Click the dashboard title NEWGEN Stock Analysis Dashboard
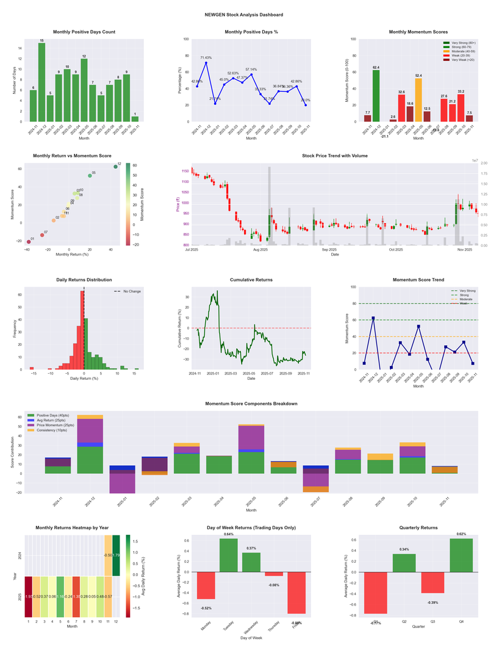click(244, 14)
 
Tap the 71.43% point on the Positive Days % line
click(206, 63)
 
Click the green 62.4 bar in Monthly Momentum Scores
click(376, 96)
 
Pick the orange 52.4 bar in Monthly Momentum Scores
click(418, 100)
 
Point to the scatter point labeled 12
click(115, 167)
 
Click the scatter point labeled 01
click(28, 242)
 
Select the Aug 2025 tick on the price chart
click(260, 249)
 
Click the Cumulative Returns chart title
click(251, 280)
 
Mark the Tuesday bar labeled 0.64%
click(229, 555)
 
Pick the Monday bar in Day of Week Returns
click(206, 585)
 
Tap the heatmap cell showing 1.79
click(116, 555)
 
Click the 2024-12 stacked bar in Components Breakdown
click(90, 445)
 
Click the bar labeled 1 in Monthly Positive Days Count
click(135, 119)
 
